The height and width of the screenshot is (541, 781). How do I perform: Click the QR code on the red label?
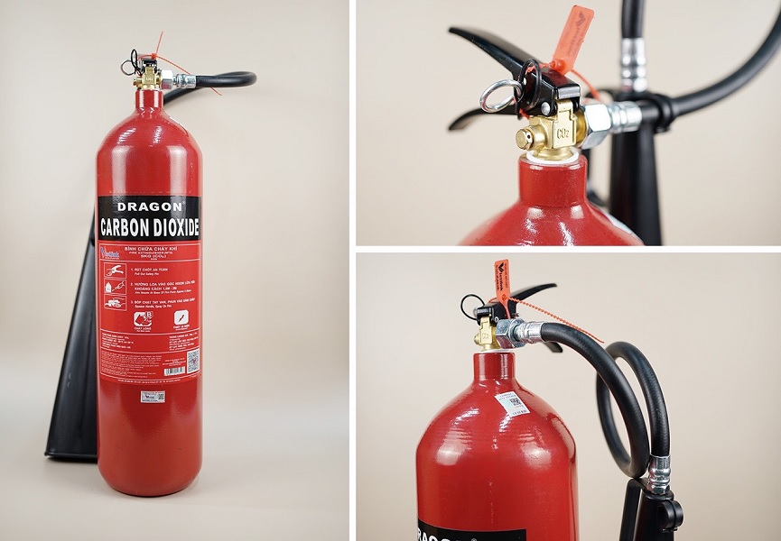click(x=192, y=362)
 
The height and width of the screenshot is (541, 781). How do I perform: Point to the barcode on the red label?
click(x=174, y=371)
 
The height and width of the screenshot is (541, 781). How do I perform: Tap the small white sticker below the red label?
click(x=153, y=397)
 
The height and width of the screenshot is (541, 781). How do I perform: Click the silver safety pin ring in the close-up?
click(x=499, y=96)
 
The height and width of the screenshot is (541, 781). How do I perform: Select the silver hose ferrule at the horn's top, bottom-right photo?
click(x=659, y=473)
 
